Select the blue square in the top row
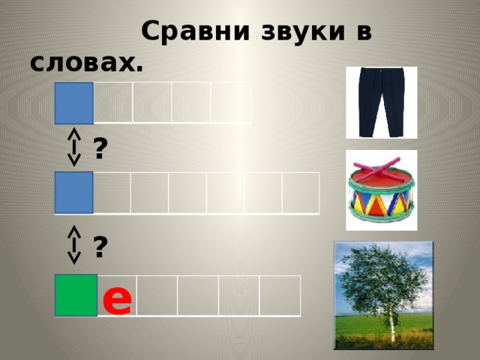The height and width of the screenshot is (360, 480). [74, 103]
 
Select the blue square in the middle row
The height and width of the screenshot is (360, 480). [74, 192]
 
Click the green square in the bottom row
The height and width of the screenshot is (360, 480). [76, 295]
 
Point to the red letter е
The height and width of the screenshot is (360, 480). [117, 298]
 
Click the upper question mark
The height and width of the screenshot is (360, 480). [100, 149]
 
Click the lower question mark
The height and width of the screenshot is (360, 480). [100, 247]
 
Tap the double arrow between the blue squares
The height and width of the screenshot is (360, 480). [74, 146]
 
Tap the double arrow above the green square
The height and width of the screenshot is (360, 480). [74, 244]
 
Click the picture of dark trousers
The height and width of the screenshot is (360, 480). [381, 102]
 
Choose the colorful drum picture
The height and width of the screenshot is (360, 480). [382, 190]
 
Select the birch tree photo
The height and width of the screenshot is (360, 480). [383, 295]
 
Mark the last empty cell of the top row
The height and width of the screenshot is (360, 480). [231, 103]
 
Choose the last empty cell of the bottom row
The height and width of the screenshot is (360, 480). [280, 296]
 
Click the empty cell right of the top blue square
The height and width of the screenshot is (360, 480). [113, 103]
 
